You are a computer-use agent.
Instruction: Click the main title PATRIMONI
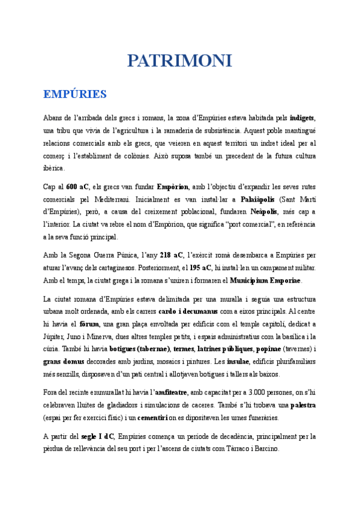(x=179, y=61)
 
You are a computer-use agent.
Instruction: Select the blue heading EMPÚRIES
(x=75, y=94)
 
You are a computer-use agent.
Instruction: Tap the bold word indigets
(x=302, y=117)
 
